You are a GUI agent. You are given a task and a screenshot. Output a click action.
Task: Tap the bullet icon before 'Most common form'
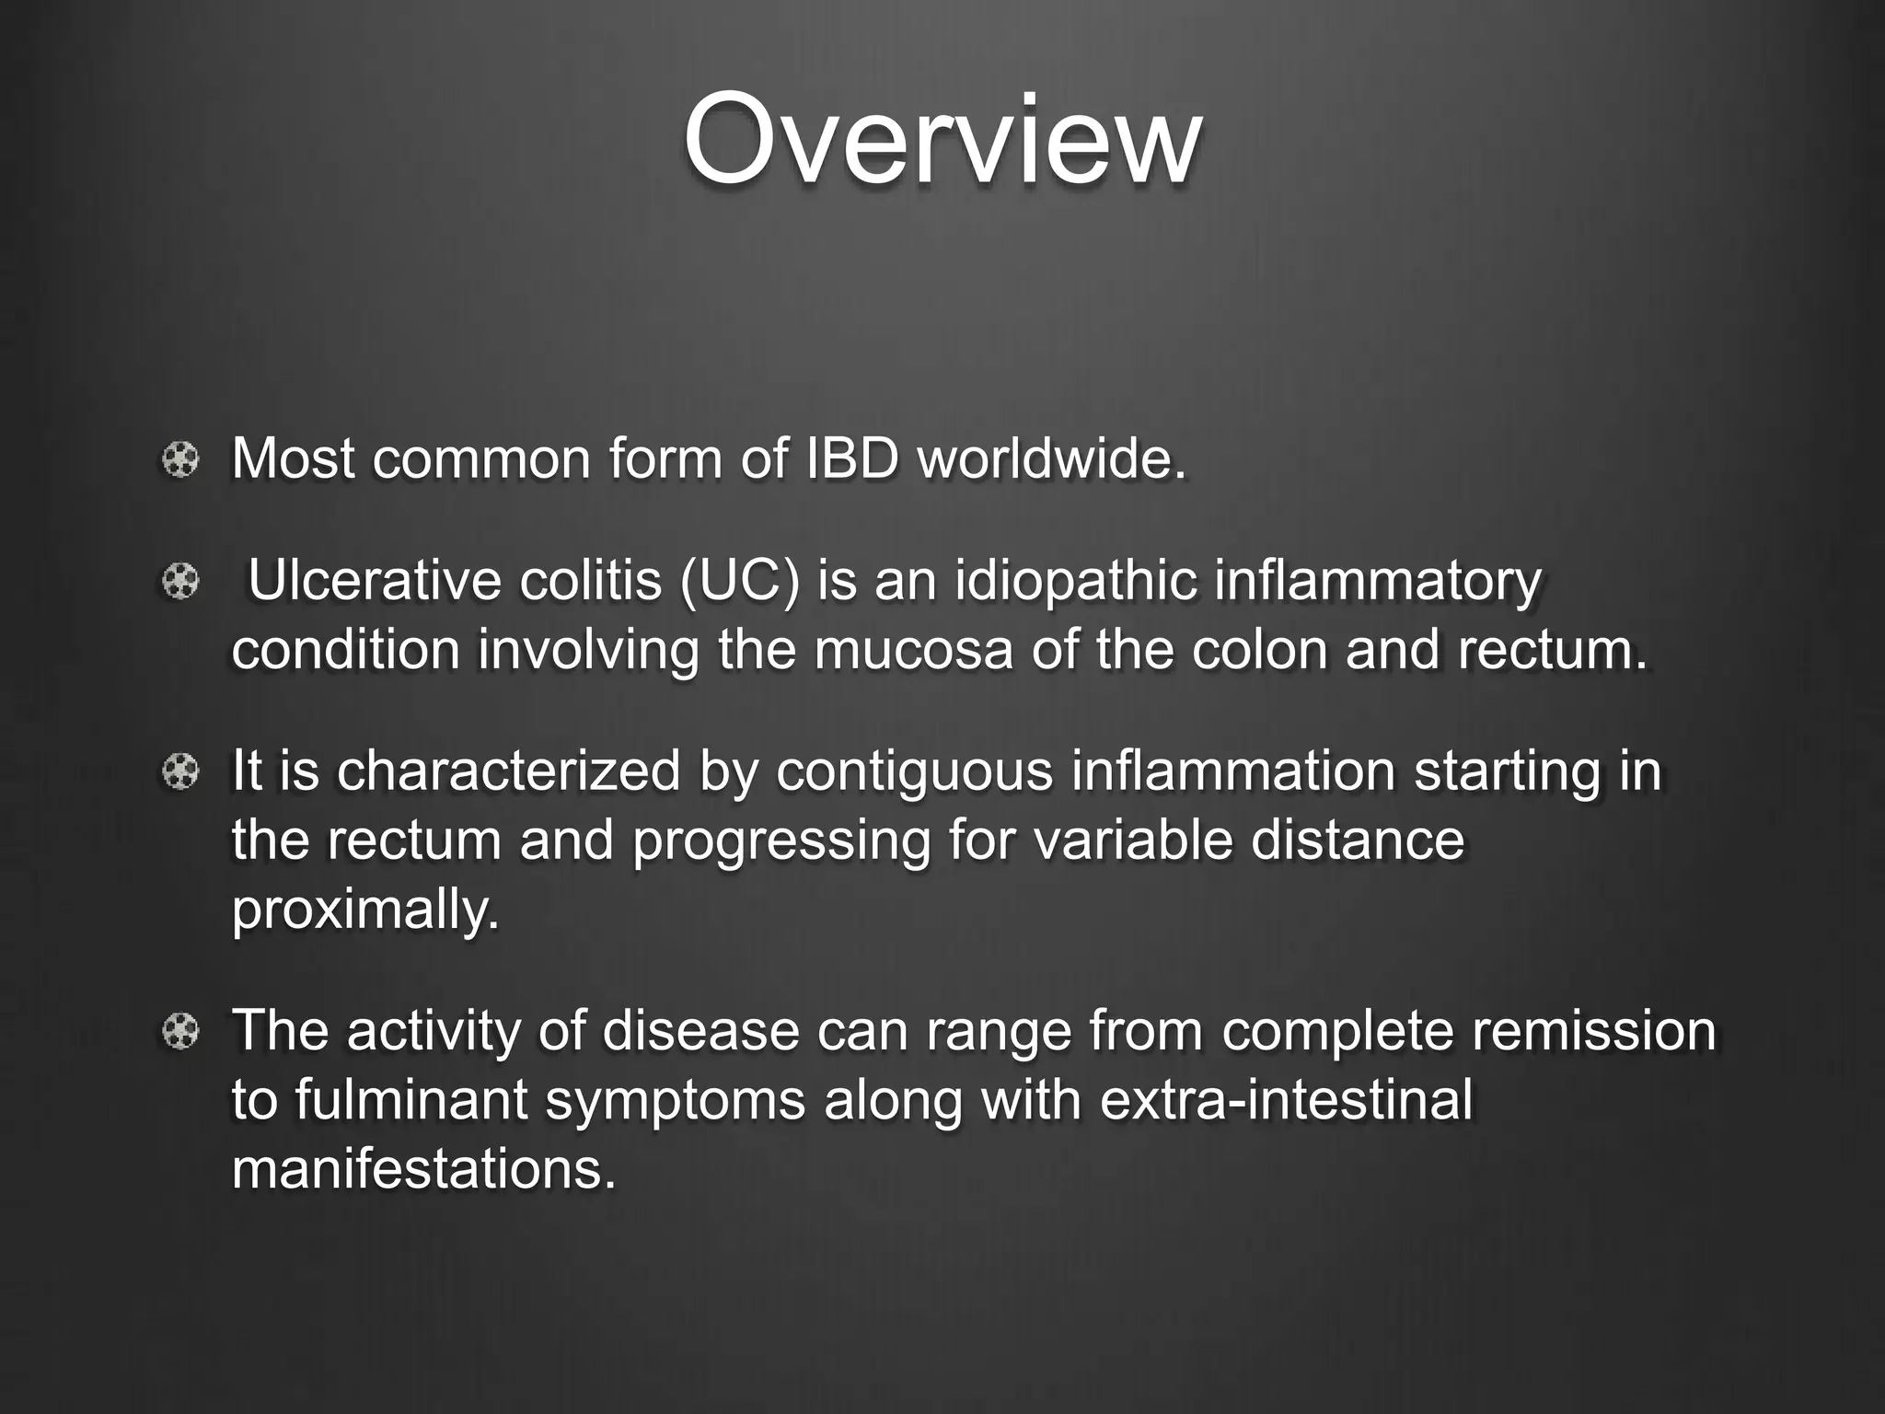tap(180, 458)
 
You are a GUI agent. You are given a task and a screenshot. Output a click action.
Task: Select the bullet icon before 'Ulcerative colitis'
tap(180, 582)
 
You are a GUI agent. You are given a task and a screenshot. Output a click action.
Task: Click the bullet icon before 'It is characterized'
tap(180, 771)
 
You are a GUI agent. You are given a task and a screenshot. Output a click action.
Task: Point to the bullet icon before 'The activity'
tap(180, 1031)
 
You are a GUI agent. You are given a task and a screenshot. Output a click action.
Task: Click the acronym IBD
tap(851, 458)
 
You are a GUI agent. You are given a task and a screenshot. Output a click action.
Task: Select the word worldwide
tap(1051, 458)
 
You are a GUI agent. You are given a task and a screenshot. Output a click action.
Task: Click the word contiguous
tap(914, 771)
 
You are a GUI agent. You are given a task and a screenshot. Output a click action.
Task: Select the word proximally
tap(365, 911)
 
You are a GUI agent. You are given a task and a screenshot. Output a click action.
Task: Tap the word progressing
tap(781, 841)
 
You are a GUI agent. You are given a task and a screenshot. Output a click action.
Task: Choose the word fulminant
tap(411, 1100)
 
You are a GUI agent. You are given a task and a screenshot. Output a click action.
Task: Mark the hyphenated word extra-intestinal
tap(1286, 1100)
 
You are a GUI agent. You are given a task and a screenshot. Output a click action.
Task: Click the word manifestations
tap(423, 1170)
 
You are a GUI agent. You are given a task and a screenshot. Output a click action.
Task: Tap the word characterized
tap(508, 771)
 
